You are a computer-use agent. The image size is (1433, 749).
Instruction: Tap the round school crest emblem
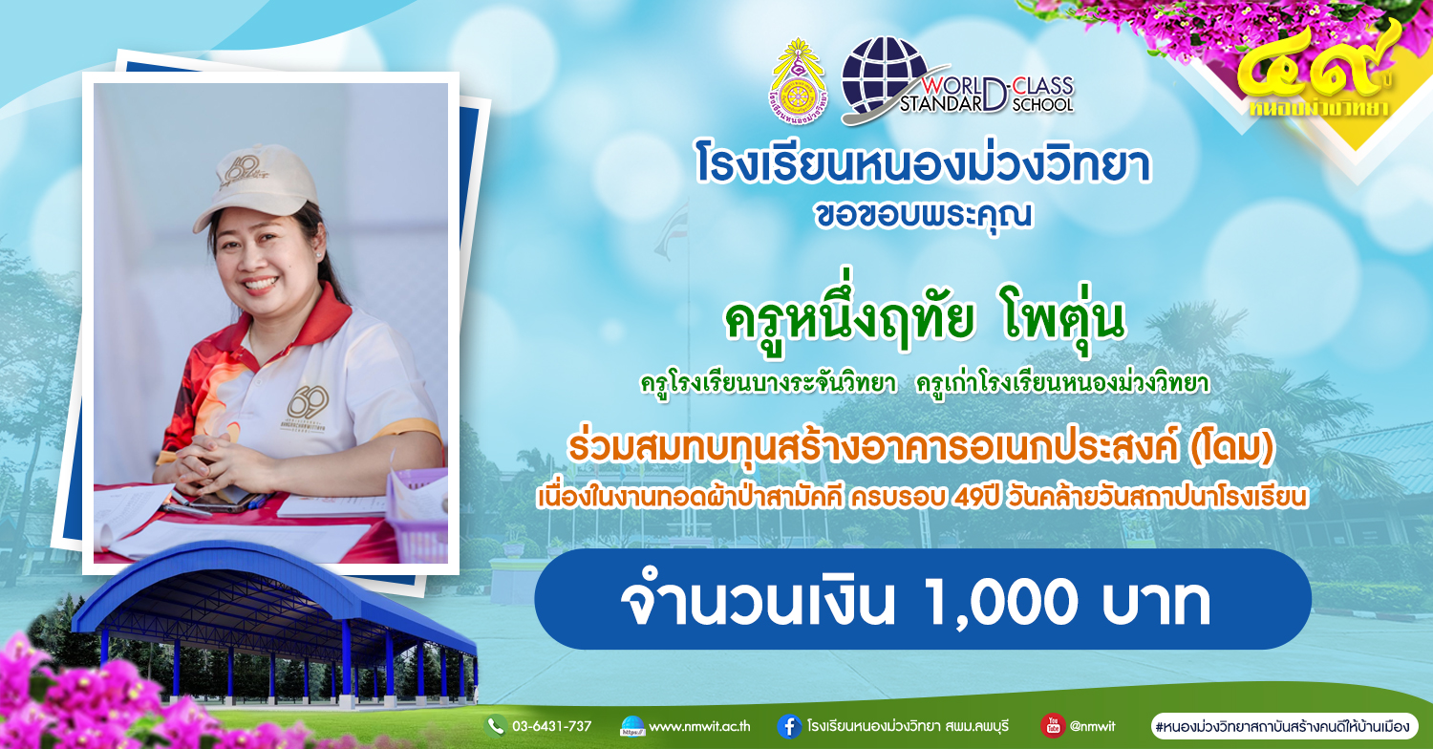click(798, 80)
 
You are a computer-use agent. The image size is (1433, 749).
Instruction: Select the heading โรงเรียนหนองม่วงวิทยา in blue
click(923, 165)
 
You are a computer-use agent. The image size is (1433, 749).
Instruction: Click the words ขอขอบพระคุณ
click(923, 216)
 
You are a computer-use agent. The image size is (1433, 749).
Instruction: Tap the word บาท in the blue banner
click(1155, 603)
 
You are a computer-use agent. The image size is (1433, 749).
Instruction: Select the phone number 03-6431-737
click(551, 727)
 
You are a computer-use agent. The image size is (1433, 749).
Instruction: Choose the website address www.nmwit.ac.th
click(700, 727)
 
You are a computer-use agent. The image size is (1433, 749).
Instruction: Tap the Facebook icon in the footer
click(789, 727)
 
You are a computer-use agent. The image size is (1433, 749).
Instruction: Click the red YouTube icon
click(1053, 725)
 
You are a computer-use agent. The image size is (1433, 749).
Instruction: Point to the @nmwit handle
click(1093, 727)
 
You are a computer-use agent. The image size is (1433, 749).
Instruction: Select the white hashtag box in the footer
click(1285, 727)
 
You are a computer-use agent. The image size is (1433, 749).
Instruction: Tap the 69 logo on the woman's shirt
click(309, 403)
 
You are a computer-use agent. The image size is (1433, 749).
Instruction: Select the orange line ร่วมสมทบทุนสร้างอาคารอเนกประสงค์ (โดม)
click(921, 448)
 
